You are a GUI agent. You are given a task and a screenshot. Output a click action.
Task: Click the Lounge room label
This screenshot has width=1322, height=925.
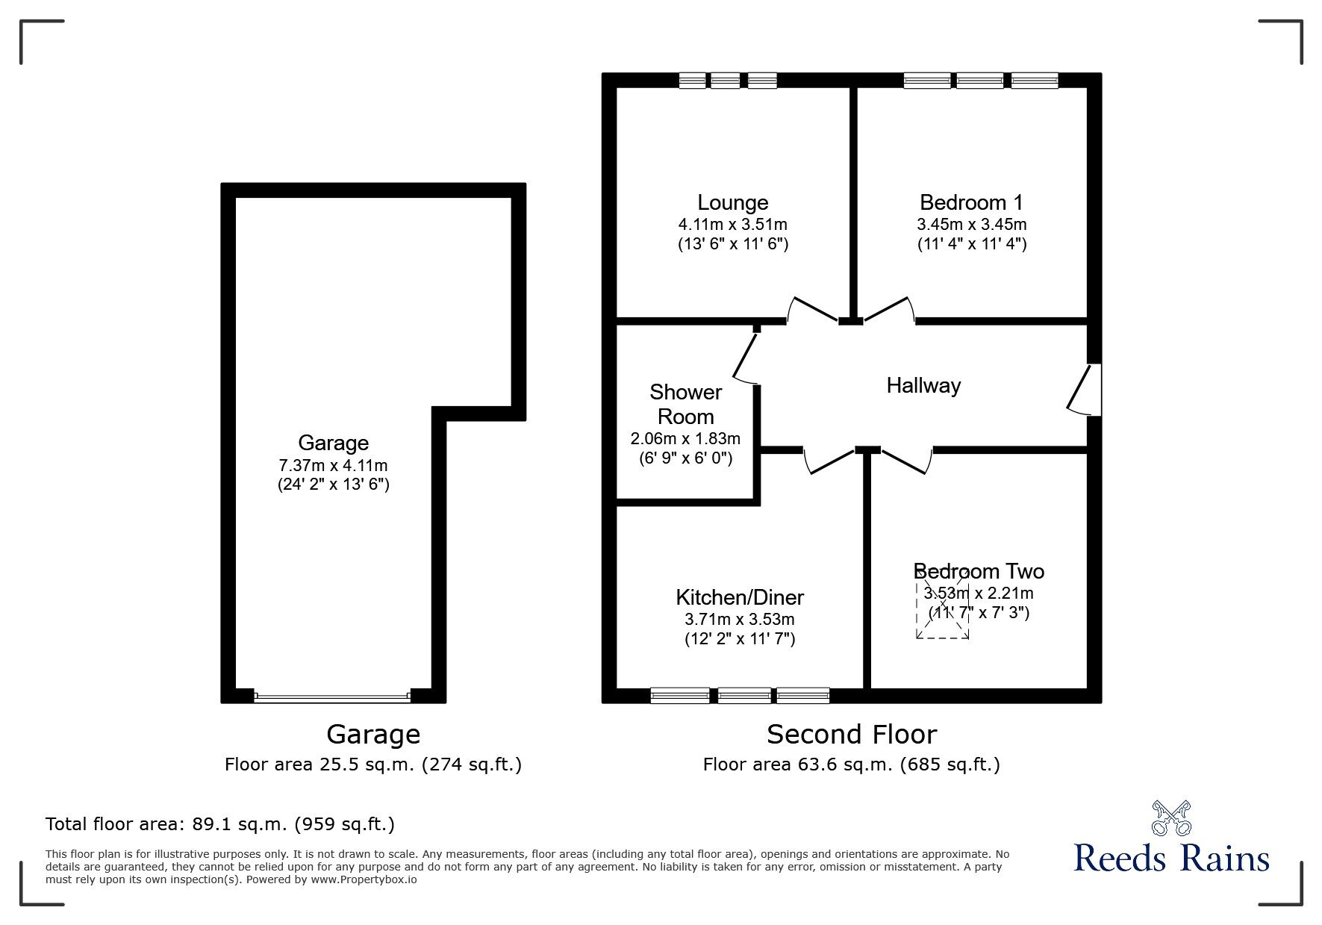(732, 202)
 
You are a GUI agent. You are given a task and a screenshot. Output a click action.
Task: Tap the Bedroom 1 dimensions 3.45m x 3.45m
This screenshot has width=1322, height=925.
(971, 224)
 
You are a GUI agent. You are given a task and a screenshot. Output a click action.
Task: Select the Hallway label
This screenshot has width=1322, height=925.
(923, 385)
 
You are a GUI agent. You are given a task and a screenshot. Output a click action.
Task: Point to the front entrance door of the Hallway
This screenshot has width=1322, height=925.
(1085, 388)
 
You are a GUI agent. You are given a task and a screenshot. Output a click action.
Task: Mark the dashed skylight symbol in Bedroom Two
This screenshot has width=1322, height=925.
(943, 603)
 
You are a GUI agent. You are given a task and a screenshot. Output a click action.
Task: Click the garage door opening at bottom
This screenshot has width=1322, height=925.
(332, 697)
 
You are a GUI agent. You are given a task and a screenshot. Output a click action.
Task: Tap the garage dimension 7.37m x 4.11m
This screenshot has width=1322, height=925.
(333, 465)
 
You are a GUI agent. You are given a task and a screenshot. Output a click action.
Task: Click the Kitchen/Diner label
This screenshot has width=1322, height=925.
(739, 597)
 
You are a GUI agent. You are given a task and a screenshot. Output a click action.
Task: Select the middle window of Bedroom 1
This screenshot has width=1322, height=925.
(980, 81)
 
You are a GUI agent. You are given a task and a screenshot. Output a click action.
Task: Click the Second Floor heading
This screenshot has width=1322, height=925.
(851, 735)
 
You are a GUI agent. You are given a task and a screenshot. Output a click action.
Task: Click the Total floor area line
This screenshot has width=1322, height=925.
(220, 824)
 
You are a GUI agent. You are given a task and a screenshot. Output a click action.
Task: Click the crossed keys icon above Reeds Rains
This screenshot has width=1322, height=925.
(1171, 817)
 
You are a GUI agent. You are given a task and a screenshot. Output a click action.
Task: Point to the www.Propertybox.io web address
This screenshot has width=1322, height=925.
(364, 879)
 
